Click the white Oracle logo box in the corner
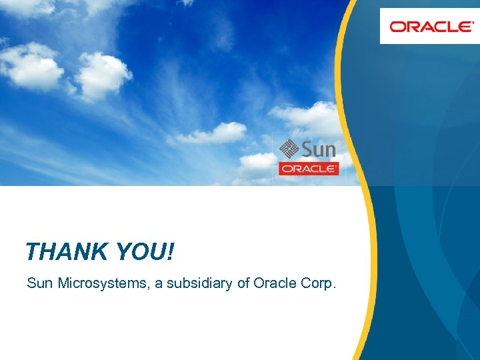tap(429, 26)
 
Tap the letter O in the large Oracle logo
tap(399, 27)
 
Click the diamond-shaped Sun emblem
tap(288, 148)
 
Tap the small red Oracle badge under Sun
tap(309, 169)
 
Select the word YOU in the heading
tap(141, 252)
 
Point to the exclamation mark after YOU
tap(171, 252)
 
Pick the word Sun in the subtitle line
tap(39, 283)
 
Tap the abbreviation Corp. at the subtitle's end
tap(318, 284)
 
